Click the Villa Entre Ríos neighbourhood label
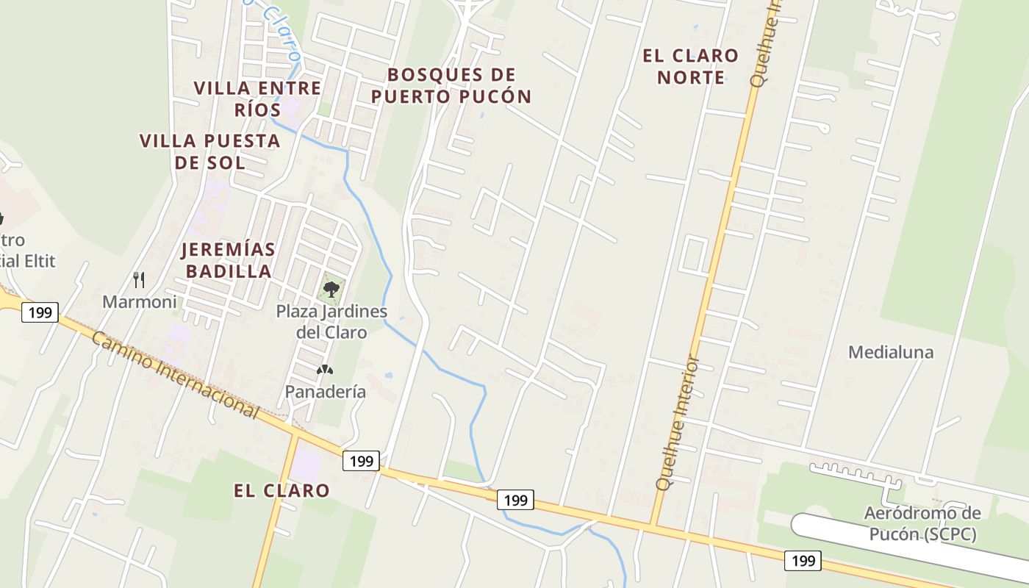tap(257, 98)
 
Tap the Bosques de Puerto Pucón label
tap(451, 85)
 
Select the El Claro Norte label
tap(691, 66)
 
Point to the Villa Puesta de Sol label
tap(210, 151)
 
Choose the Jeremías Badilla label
tap(229, 260)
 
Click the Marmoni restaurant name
tap(140, 301)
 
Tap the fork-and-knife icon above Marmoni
tap(139, 279)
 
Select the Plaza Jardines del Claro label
tap(331, 321)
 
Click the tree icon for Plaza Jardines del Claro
tap(331, 288)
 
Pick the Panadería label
tap(326, 392)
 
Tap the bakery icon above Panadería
tap(324, 370)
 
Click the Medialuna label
tap(891, 352)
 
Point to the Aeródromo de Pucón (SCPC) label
tap(922, 523)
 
